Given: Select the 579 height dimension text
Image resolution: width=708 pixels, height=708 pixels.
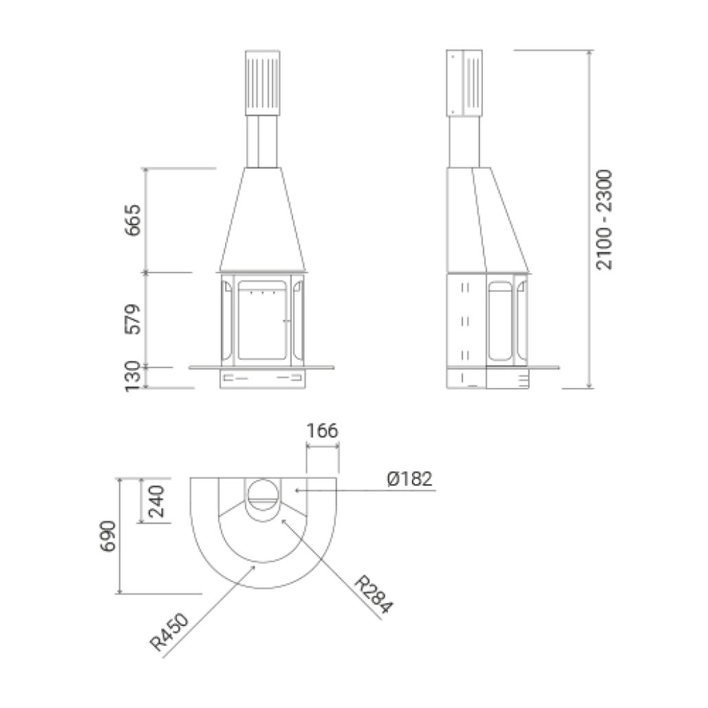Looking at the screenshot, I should pyautogui.click(x=133, y=319).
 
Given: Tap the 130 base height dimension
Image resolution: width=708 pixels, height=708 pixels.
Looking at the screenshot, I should pyautogui.click(x=133, y=377).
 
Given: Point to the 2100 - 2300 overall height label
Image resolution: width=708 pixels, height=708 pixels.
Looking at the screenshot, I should pyautogui.click(x=604, y=219).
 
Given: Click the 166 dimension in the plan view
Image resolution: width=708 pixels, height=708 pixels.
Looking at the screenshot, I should pyautogui.click(x=322, y=431).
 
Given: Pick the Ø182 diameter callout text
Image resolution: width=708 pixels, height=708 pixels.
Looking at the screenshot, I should pyautogui.click(x=410, y=479).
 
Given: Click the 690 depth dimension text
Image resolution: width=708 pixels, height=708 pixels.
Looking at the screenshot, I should pyautogui.click(x=108, y=536).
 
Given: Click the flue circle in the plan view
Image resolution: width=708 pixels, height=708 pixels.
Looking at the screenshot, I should pyautogui.click(x=264, y=492).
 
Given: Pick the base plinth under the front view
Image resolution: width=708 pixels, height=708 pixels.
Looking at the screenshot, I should pyautogui.click(x=263, y=379).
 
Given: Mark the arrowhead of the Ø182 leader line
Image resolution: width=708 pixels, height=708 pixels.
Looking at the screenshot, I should pyautogui.click(x=296, y=489).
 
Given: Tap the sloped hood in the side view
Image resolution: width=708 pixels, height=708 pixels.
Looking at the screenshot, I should pyautogui.click(x=491, y=220).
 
